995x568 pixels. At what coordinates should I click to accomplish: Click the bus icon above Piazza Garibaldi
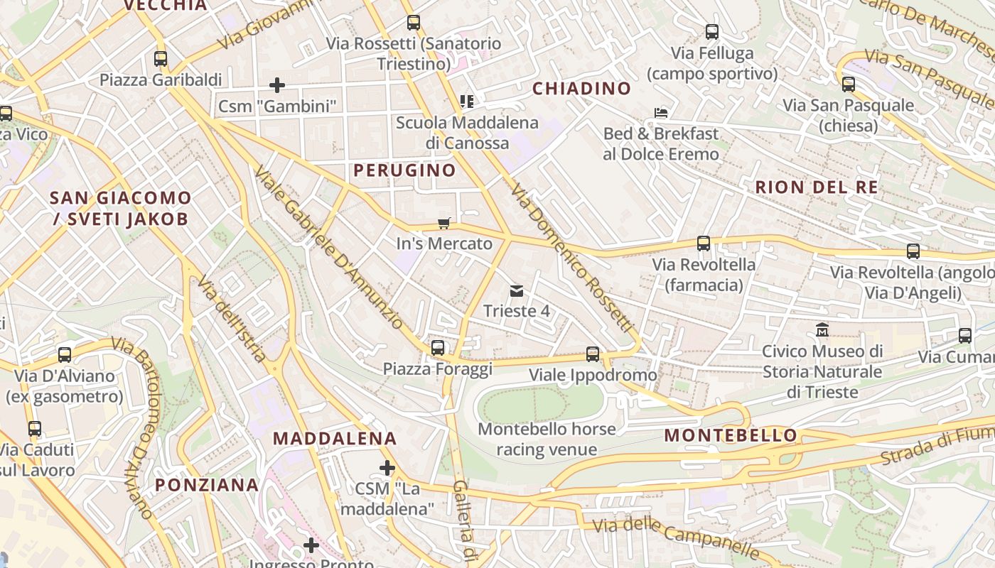click(161, 59)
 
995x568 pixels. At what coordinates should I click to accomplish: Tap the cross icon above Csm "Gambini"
click(277, 86)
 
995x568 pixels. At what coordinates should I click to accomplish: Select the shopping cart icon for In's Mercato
click(444, 224)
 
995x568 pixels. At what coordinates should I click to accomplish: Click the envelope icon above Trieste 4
click(517, 291)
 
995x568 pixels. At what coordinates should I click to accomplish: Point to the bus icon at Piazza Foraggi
click(438, 348)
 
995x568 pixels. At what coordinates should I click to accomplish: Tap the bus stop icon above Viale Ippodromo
click(593, 354)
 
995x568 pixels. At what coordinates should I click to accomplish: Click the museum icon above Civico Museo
click(822, 331)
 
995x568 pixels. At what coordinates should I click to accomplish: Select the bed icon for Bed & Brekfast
click(661, 113)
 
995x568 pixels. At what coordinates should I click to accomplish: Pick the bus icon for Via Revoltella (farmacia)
click(704, 244)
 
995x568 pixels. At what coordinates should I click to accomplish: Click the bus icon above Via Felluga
click(712, 32)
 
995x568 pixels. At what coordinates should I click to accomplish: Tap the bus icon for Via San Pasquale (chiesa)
click(849, 84)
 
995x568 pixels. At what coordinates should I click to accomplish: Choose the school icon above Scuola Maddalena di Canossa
click(467, 102)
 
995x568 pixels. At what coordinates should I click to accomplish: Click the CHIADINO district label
click(581, 89)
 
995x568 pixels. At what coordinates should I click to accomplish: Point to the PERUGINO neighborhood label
click(404, 170)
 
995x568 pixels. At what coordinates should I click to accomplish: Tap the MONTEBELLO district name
click(731, 435)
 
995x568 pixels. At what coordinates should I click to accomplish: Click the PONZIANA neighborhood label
click(207, 485)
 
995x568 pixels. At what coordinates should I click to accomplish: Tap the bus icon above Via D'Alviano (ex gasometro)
click(65, 355)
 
